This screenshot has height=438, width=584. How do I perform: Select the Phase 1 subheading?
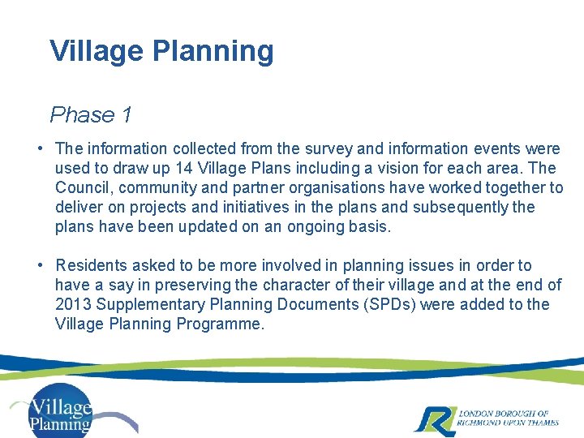pyautogui.click(x=91, y=115)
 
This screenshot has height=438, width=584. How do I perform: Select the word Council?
pyautogui.click(x=83, y=187)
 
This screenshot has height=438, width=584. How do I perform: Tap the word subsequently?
pyautogui.click(x=464, y=207)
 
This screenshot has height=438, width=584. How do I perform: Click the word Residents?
pyautogui.click(x=88, y=265)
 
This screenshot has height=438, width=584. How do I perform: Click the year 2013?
pyautogui.click(x=73, y=304)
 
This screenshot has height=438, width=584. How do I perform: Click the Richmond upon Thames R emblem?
pyautogui.click(x=432, y=418)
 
